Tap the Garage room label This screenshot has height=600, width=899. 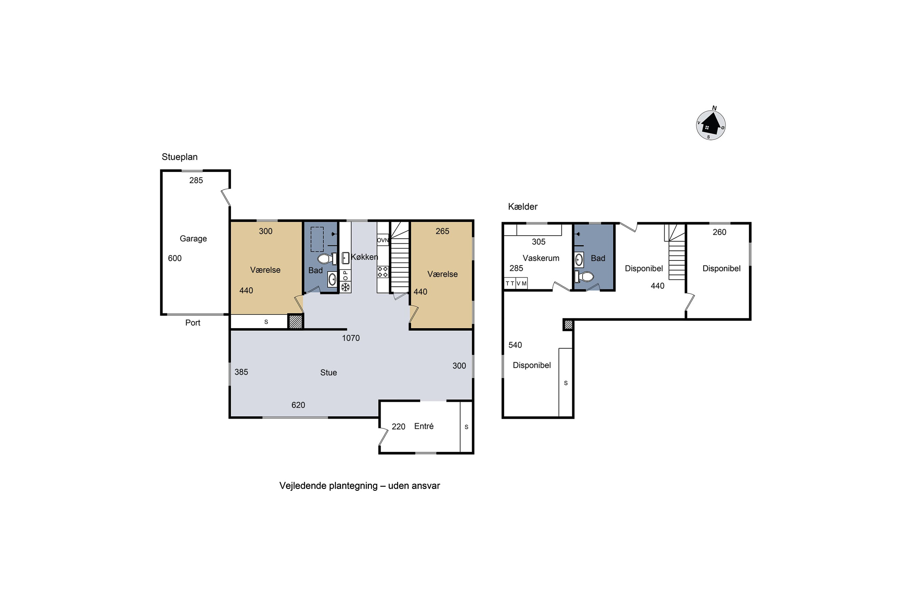pos(193,239)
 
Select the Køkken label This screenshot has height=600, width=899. pos(364,257)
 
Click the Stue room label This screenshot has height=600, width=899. pos(328,373)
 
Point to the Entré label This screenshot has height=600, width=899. pos(424,426)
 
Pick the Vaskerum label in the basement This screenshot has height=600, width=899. pos(541,258)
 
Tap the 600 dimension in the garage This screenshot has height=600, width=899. pos(175,258)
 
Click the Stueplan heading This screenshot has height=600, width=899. pos(180,157)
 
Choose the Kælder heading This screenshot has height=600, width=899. pos(523,207)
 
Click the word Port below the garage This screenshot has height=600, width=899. pos(193,322)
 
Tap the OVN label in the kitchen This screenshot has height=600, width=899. pos(383,240)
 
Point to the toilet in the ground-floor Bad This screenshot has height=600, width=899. pos(327,259)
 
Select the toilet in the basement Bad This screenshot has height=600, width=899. pos(584,276)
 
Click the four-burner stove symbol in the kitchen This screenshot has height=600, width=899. pos(383,272)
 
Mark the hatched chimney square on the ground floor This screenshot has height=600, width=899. pos(295,321)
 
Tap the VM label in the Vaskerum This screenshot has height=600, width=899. pos(521,283)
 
